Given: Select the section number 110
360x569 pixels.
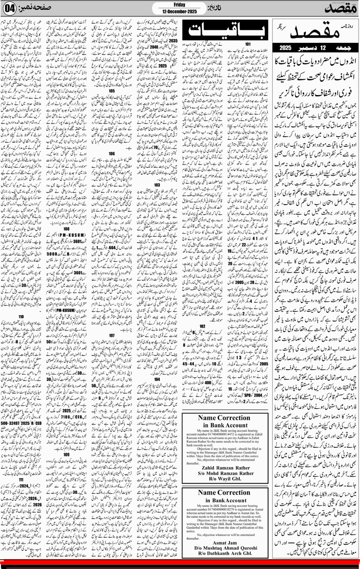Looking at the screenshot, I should pyautogui.click(x=21, y=304).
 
